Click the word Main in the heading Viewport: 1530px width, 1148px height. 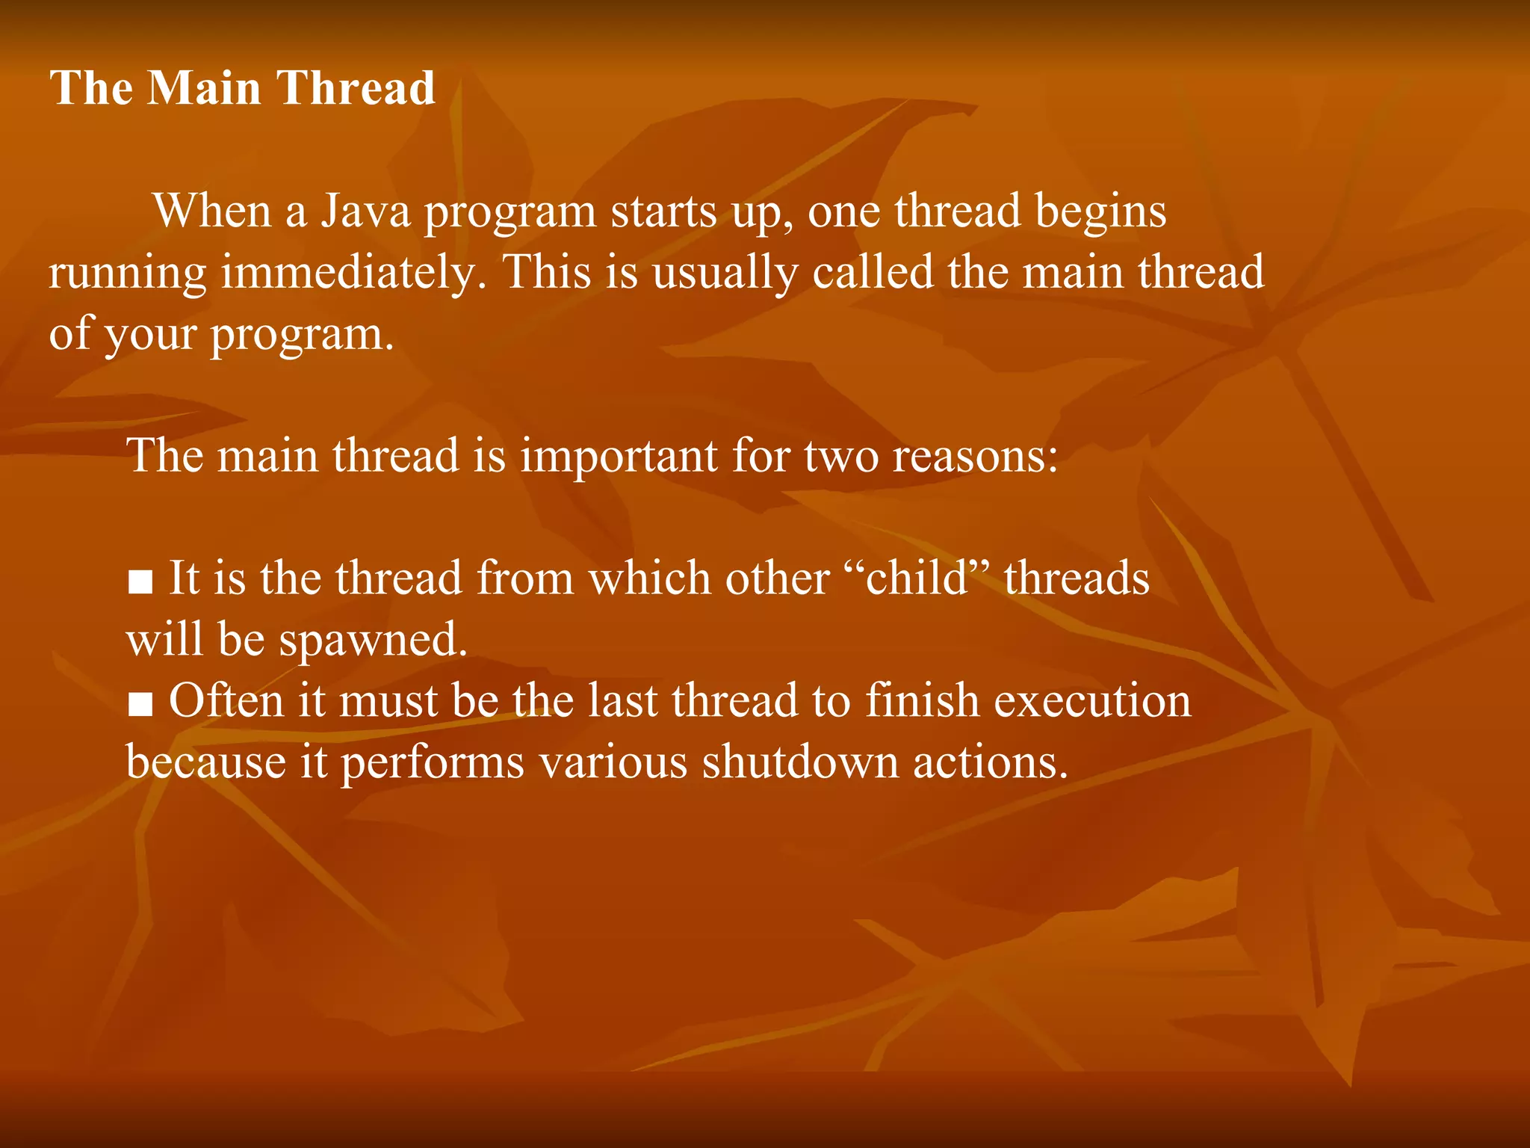[203, 88]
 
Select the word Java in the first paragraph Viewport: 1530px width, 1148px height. [366, 212]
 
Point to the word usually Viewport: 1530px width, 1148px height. [725, 274]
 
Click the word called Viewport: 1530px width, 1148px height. [873, 272]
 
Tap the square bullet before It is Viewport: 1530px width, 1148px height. [140, 581]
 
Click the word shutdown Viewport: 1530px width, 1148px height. [799, 762]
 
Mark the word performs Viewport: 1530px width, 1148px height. [433, 764]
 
